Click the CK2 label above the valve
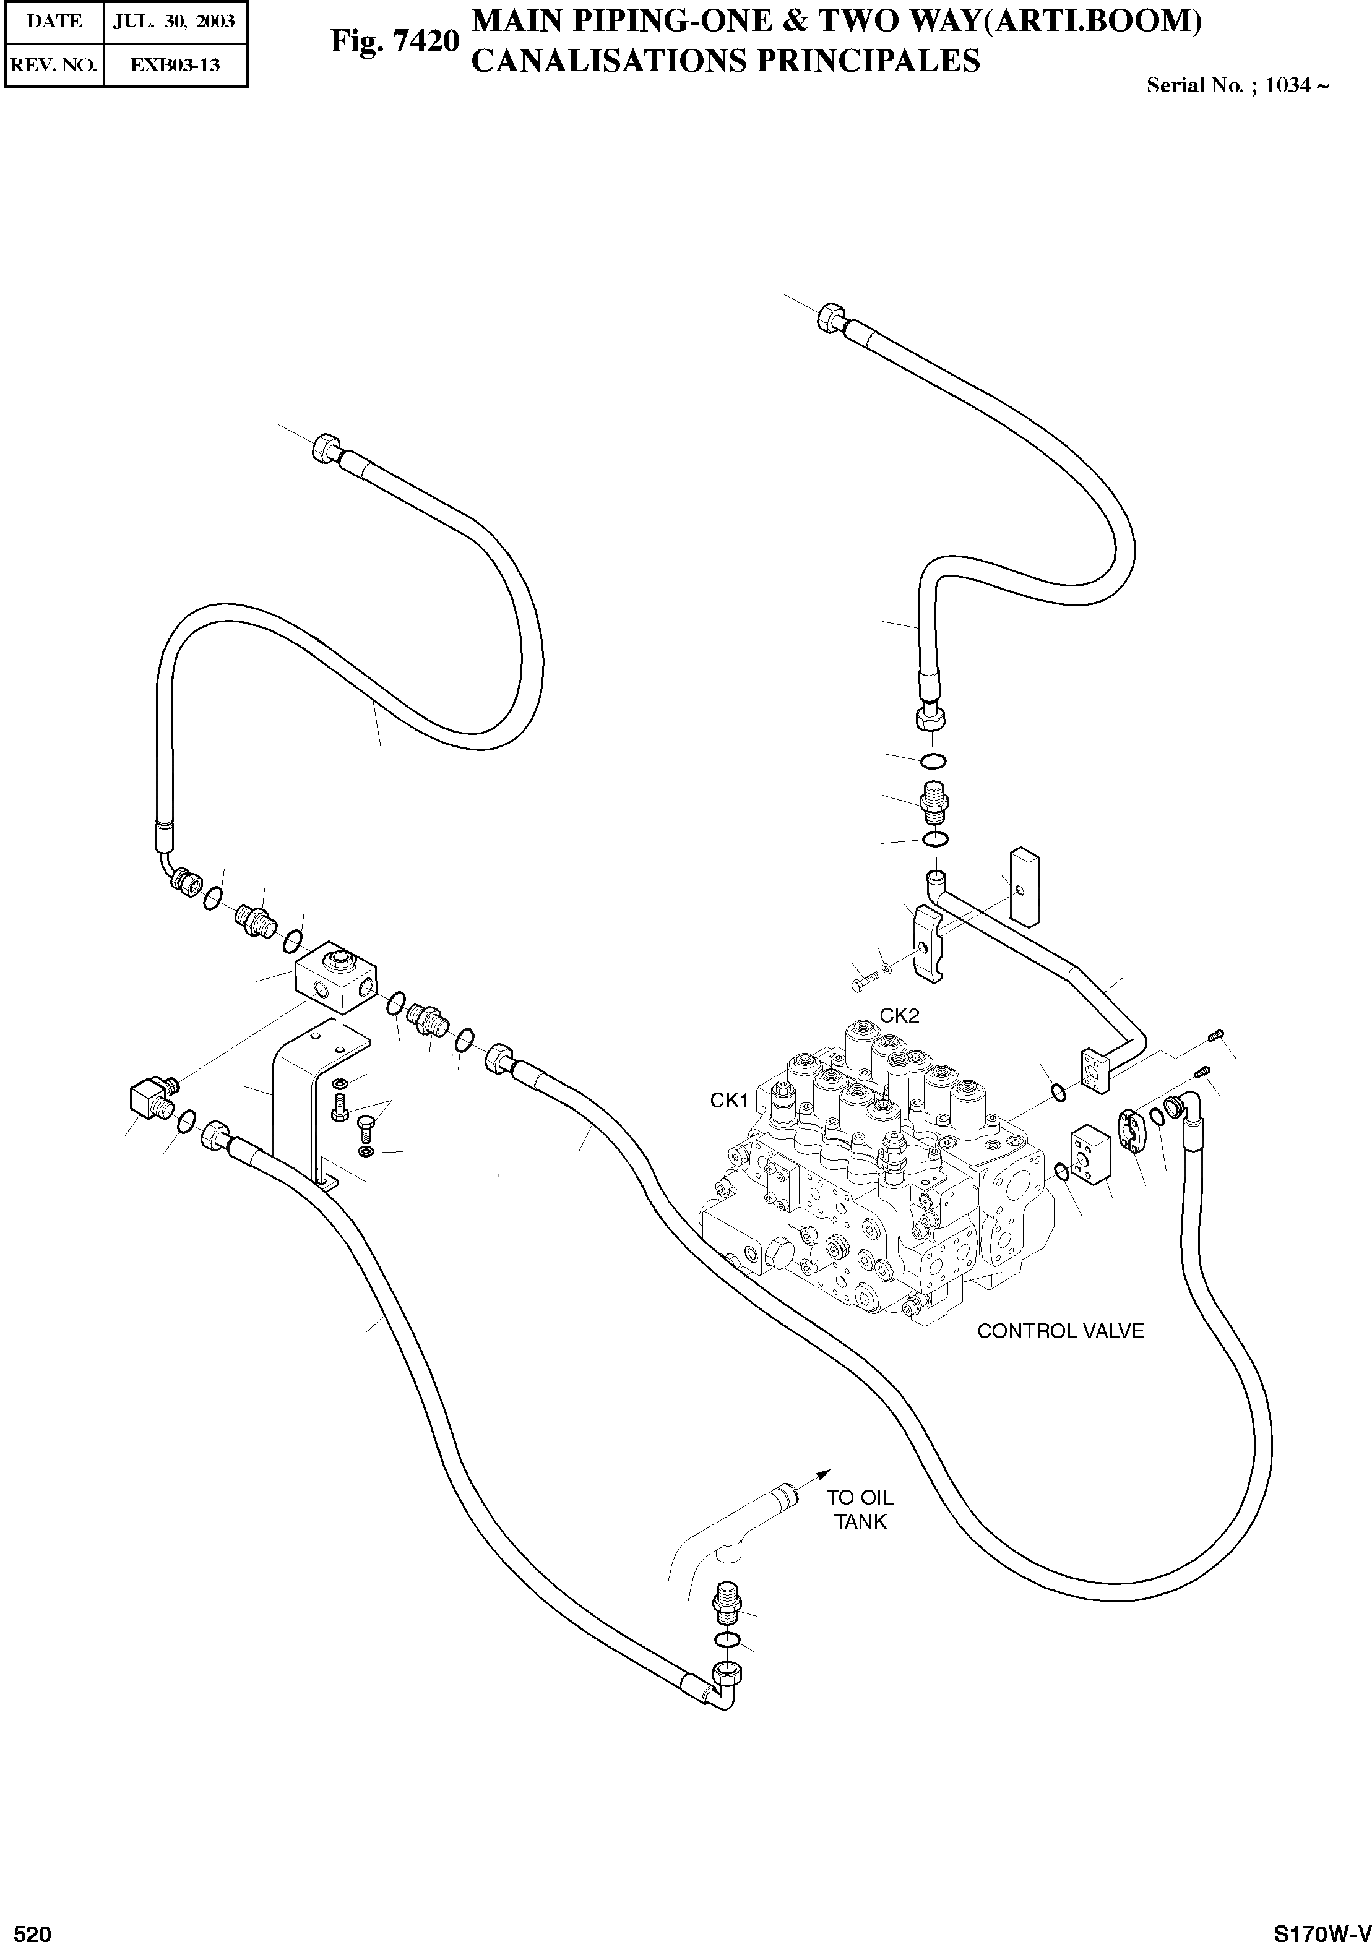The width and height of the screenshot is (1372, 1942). [899, 1015]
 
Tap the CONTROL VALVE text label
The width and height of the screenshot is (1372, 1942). [1060, 1331]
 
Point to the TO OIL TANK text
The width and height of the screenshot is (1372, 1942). [860, 1509]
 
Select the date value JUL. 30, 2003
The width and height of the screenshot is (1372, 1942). [175, 21]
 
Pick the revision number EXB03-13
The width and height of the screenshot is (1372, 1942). [175, 64]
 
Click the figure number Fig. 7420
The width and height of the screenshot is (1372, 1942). [394, 41]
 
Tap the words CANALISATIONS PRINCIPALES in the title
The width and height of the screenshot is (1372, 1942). [725, 61]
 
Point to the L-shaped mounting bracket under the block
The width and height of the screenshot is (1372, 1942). [304, 1099]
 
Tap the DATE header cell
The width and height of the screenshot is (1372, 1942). [54, 21]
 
